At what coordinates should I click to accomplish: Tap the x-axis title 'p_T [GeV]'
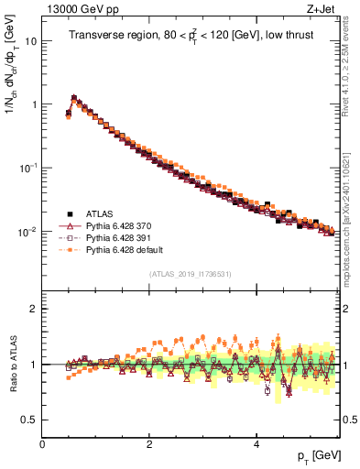click(318, 455)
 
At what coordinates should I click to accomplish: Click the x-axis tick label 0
click(42, 444)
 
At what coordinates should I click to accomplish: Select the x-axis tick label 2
click(149, 444)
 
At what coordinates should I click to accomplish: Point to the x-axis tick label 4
click(256, 444)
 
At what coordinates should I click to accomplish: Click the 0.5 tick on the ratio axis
click(29, 420)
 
